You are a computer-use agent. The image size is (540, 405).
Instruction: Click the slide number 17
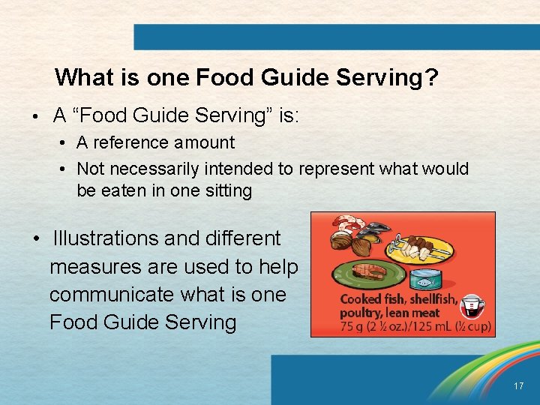[x=518, y=386]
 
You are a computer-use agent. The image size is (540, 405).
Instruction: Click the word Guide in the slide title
[x=283, y=78]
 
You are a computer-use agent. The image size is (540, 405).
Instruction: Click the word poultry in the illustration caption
[x=363, y=312]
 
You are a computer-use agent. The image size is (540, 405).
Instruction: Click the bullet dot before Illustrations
[x=35, y=239]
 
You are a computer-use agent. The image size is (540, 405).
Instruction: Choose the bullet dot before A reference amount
[x=67, y=143]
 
